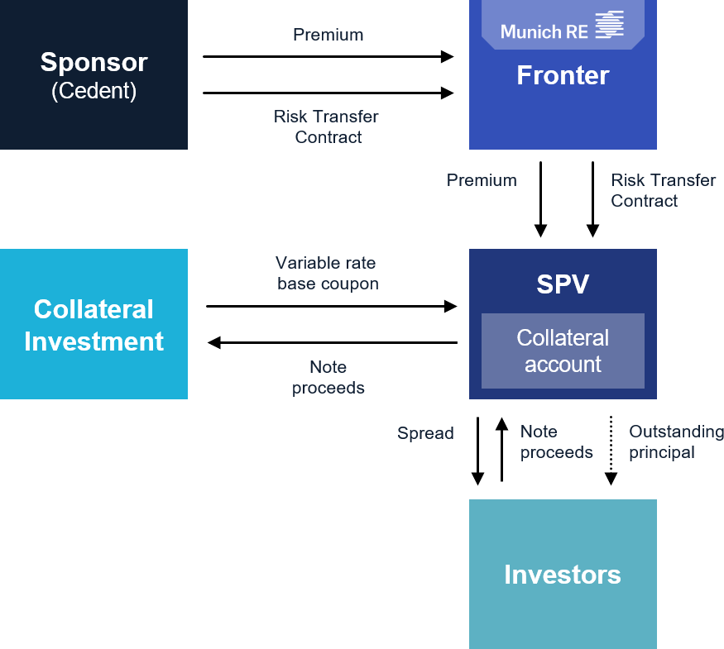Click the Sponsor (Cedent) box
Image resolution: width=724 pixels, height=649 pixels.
pyautogui.click(x=93, y=74)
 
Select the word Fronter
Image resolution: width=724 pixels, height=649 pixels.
pyautogui.click(x=563, y=75)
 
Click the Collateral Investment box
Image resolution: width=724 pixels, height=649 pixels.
pyautogui.click(x=93, y=324)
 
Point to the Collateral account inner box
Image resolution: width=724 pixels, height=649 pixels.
pyautogui.click(x=563, y=351)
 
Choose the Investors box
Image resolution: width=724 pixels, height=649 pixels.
pyautogui.click(x=563, y=574)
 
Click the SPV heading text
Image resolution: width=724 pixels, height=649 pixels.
pyautogui.click(x=563, y=284)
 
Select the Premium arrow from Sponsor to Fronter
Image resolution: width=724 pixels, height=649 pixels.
pyautogui.click(x=328, y=56)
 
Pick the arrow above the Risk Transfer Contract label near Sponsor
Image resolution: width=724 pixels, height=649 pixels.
pyautogui.click(x=328, y=93)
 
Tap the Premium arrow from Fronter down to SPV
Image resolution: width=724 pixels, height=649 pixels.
pyautogui.click(x=540, y=198)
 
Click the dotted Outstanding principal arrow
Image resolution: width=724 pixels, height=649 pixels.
pyautogui.click(x=611, y=451)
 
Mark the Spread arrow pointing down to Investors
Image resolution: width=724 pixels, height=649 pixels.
pyautogui.click(x=477, y=451)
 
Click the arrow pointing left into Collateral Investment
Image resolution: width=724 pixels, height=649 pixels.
pyautogui.click(x=331, y=342)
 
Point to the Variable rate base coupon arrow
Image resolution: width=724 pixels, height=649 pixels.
pyautogui.click(x=331, y=306)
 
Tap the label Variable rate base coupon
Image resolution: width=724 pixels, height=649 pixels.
pyautogui.click(x=327, y=273)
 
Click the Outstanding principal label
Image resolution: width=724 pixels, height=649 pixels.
pyautogui.click(x=676, y=441)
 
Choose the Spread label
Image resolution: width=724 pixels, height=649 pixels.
pyautogui.click(x=425, y=433)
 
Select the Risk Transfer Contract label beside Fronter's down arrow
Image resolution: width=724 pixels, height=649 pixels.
pyautogui.click(x=663, y=190)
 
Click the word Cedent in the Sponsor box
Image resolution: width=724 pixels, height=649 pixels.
pyautogui.click(x=93, y=91)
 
